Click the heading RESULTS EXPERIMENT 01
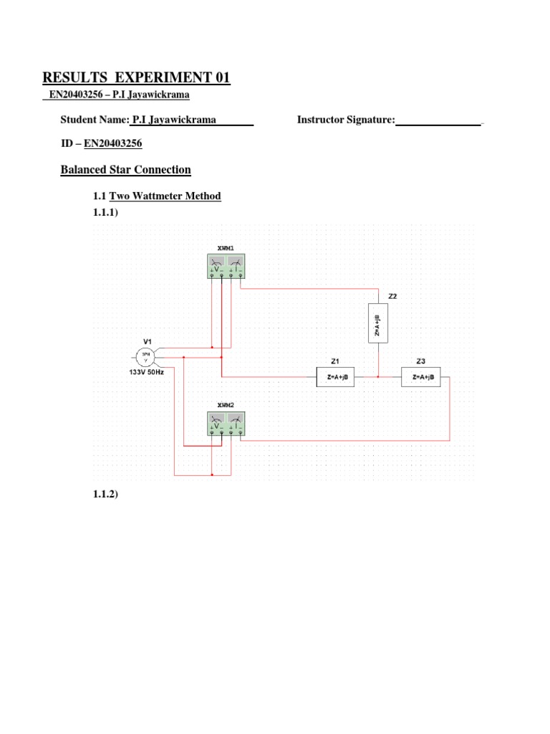click(136, 77)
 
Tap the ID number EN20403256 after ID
click(113, 143)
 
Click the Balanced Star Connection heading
click(125, 170)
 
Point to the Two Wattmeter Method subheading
click(165, 196)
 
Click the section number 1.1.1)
click(105, 214)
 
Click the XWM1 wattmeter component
click(226, 267)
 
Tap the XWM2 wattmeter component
click(226, 424)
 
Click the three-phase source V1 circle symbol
click(145, 356)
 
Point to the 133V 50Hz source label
click(146, 373)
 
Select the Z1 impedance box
click(336, 376)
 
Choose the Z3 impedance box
click(421, 376)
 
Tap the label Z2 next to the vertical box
click(392, 295)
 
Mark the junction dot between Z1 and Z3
click(378, 376)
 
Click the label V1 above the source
click(148, 340)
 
